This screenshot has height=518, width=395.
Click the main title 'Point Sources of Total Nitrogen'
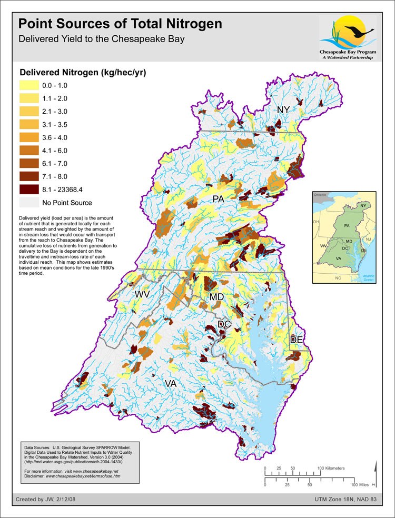120,24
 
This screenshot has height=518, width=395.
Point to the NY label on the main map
284,109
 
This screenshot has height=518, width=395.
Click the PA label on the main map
219,199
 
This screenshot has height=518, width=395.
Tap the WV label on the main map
143,294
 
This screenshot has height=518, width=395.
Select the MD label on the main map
217,297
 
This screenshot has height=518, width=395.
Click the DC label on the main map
224,324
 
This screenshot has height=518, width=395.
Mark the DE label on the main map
297,340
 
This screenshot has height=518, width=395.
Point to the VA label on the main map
170,384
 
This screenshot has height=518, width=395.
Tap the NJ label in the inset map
369,240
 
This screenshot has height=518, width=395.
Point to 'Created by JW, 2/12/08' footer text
47,499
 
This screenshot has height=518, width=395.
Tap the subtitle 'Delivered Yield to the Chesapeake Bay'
101,39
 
